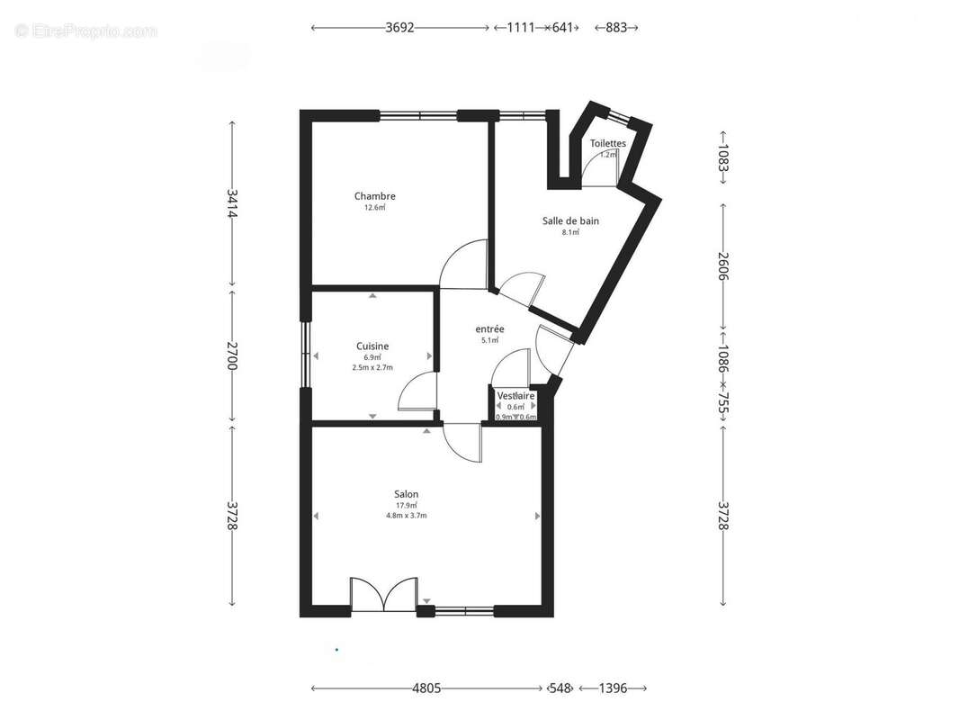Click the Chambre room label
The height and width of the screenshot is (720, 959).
pos(374,196)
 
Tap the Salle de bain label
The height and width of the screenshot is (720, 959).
pos(570,220)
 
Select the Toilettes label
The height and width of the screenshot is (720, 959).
pos(608,143)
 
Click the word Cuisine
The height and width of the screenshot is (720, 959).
pos(372,346)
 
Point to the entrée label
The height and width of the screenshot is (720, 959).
pos(489,329)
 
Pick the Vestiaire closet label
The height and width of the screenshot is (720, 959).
pos(516,396)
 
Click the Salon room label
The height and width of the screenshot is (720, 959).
pos(406,494)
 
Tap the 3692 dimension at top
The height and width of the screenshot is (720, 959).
pos(399,28)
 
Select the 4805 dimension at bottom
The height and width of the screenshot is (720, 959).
pos(426,688)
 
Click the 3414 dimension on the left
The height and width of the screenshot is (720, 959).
pos(232,203)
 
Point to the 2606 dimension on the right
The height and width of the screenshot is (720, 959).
pos(722,265)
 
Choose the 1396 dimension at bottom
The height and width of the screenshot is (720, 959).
pos(612,688)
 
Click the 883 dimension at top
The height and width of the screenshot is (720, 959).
pos(616,28)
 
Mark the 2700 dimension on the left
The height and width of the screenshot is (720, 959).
pos(232,355)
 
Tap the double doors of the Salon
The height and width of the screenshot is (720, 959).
pos(383,596)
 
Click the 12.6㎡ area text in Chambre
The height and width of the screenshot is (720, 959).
pos(374,208)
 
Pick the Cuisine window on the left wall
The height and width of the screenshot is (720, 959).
pos(305,355)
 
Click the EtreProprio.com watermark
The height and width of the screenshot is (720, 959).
pos(86,31)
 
